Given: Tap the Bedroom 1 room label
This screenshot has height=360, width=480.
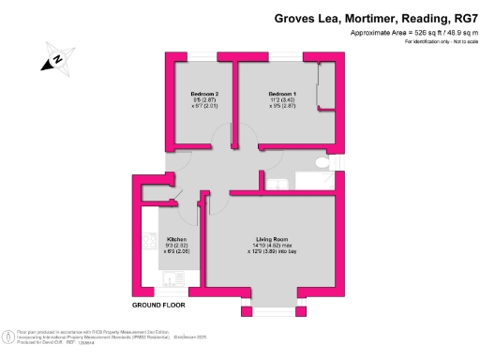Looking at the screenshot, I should (x=283, y=94).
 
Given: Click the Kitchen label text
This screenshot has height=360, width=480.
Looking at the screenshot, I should (x=177, y=238).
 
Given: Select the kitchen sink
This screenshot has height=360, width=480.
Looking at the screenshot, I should (x=171, y=277).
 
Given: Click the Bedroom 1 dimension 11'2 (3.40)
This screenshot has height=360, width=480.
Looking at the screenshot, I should (x=283, y=100).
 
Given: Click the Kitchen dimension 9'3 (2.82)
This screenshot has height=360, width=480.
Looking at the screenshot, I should (x=177, y=245).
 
